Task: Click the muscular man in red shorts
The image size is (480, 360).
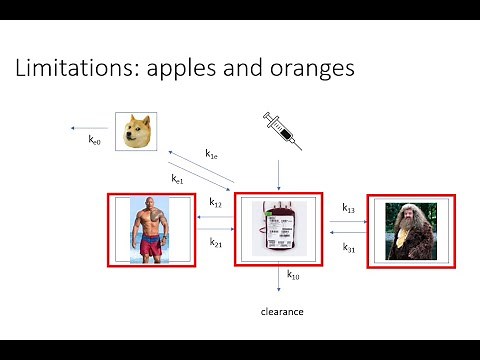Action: (x=151, y=230)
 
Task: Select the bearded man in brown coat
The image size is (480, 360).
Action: (x=409, y=230)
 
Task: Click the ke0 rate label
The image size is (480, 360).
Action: (x=95, y=141)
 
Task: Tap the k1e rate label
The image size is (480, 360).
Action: (x=212, y=154)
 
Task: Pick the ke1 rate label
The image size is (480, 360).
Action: (x=178, y=179)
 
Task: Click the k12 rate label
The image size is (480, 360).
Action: (x=216, y=203)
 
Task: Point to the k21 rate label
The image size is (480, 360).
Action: (x=216, y=242)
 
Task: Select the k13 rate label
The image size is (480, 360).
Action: (x=348, y=208)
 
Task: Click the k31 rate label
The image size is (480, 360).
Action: (x=348, y=247)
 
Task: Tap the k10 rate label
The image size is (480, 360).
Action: (x=293, y=274)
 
